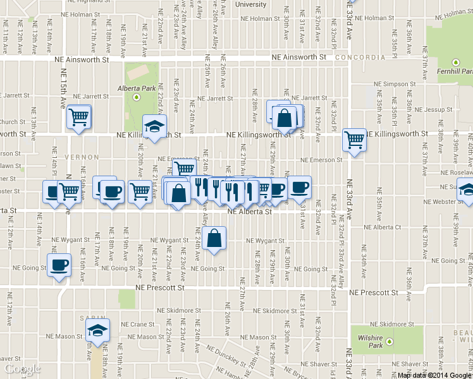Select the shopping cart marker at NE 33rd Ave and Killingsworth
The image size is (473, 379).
(x=354, y=140)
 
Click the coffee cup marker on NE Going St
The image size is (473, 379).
(x=59, y=266)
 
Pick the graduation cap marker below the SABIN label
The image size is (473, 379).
(x=97, y=330)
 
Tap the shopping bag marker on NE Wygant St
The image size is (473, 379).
(x=215, y=239)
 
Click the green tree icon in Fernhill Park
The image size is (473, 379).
(x=456, y=63)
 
